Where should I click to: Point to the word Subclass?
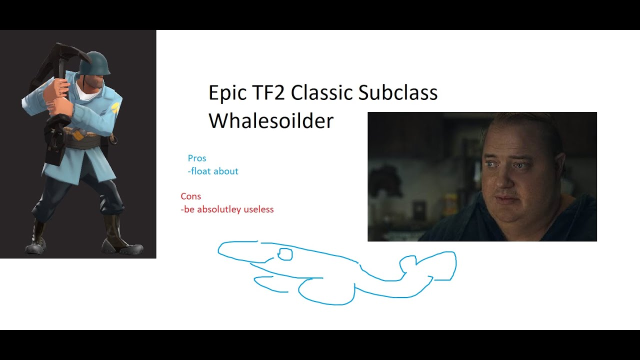tap(398, 93)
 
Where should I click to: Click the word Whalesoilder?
tap(270, 121)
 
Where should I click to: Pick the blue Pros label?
tap(197, 158)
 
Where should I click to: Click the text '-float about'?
tap(213, 171)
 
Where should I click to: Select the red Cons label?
tap(191, 196)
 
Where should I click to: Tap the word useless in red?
tap(258, 209)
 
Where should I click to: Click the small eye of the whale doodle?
tap(285, 254)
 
